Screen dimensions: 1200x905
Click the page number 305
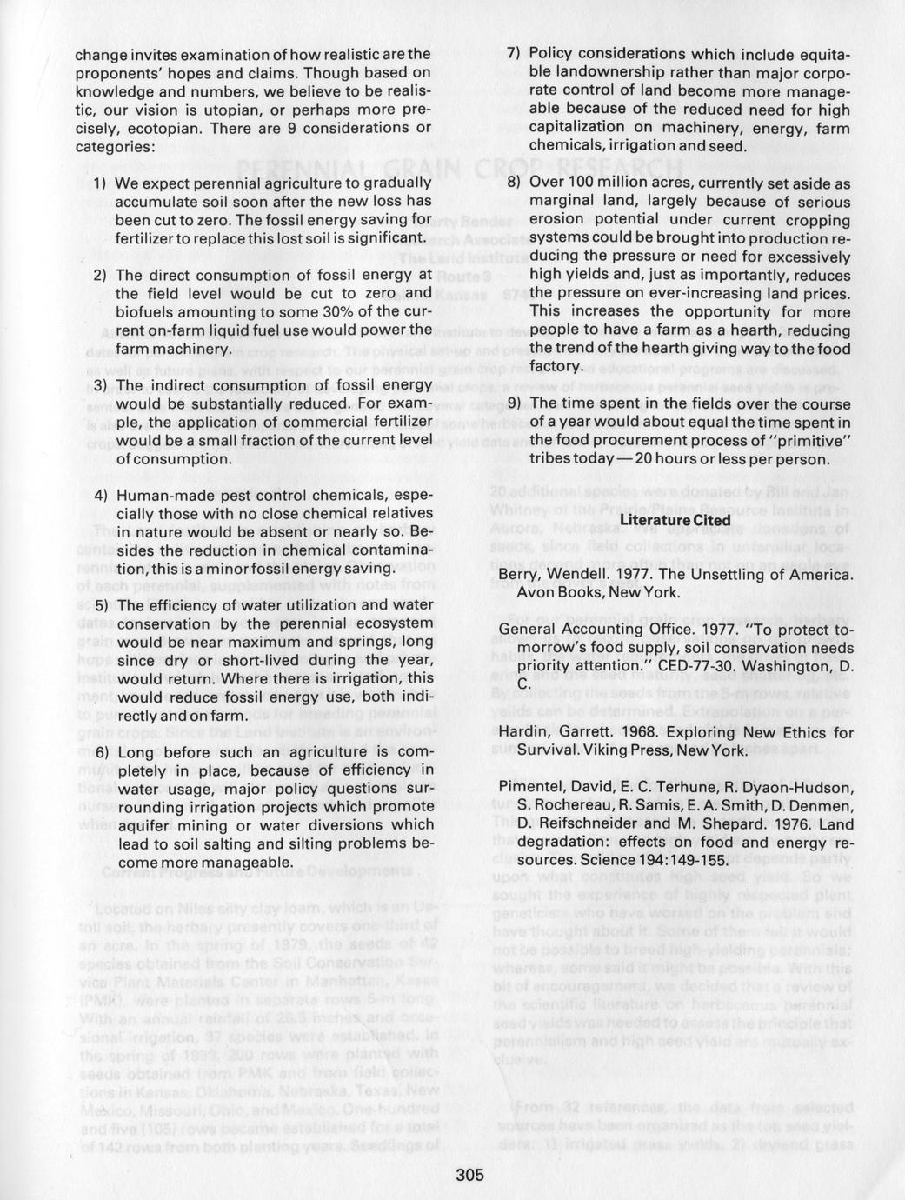(x=469, y=1175)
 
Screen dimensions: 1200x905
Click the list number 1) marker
(x=99, y=183)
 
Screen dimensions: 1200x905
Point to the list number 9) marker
(x=513, y=403)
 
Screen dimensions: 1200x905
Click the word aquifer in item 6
(x=144, y=825)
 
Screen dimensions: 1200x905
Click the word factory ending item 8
(x=556, y=367)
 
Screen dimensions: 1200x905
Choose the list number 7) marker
(x=513, y=54)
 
